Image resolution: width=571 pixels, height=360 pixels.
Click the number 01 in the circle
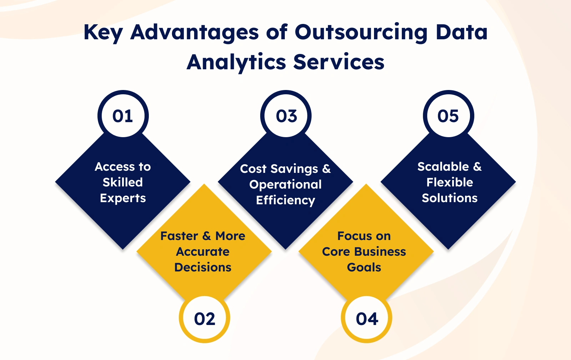(x=123, y=116)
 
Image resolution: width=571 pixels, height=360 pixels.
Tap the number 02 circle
(x=204, y=319)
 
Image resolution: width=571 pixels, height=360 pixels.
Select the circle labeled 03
(x=286, y=115)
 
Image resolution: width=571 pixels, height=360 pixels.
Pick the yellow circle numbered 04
(x=367, y=319)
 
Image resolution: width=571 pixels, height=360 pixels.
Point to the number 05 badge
(x=448, y=115)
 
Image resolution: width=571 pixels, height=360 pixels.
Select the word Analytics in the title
(x=236, y=62)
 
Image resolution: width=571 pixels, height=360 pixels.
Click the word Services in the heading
(x=339, y=62)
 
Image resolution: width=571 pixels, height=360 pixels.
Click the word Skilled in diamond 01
(x=123, y=182)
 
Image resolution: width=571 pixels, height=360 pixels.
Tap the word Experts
(x=123, y=198)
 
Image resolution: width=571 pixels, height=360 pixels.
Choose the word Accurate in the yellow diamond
(x=203, y=252)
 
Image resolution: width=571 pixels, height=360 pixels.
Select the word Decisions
(x=203, y=267)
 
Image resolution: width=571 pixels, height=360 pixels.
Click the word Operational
(x=285, y=185)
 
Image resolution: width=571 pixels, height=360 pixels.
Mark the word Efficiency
(x=285, y=200)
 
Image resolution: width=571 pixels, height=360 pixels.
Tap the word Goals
(x=364, y=267)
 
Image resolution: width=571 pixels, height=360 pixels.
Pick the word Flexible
(x=450, y=182)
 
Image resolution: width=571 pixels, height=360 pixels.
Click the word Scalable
(x=443, y=166)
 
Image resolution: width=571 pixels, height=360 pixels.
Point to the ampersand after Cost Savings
(x=327, y=169)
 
